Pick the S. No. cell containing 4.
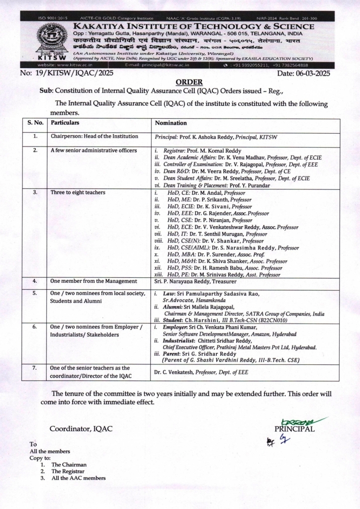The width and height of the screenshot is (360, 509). click(35, 281)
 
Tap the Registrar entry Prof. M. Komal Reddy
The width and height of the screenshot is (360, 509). click(204, 151)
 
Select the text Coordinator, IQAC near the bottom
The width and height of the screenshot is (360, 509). click(81, 428)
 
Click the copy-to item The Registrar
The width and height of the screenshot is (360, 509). click(68, 471)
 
